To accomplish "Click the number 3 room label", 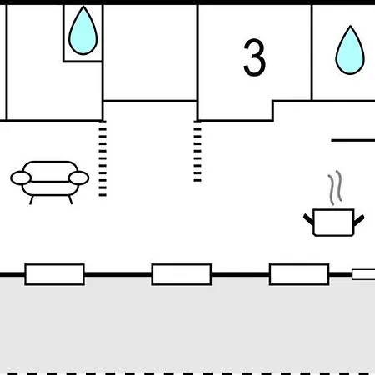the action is click(x=254, y=57).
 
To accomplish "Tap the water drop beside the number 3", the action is click(x=350, y=50).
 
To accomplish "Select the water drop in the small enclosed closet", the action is click(x=82, y=31).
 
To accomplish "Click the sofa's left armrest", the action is click(x=21, y=177).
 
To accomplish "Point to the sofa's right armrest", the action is click(x=78, y=177).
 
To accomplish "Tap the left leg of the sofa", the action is click(x=32, y=200).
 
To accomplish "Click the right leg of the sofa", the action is click(x=70, y=200).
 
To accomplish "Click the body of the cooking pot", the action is click(x=333, y=222).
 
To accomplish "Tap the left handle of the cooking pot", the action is click(x=308, y=219).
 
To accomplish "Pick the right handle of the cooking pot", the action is click(x=359, y=220).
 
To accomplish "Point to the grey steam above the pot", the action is click(x=335, y=187).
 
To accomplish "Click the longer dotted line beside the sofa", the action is click(x=102, y=158).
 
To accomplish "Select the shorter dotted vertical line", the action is click(x=197, y=151).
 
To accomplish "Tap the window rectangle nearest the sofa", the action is click(x=55, y=274).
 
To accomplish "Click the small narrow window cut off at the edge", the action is click(x=363, y=274).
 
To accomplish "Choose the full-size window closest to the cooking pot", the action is click(x=299, y=274).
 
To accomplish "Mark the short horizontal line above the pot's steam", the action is click(x=352, y=141).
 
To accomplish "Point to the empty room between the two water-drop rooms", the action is click(x=150, y=52).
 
